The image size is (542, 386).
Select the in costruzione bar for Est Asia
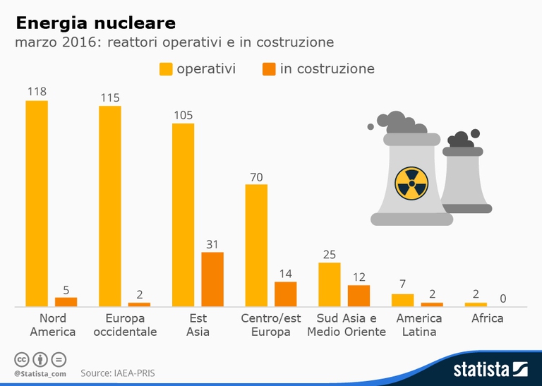tap(212, 279)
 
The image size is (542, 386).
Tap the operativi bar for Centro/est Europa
tap(256, 245)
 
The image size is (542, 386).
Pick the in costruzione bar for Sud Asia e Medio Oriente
tap(359, 296)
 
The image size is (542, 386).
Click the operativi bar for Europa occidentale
tap(110, 206)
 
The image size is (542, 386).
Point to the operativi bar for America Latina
tap(402, 300)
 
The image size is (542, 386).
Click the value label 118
tap(37, 92)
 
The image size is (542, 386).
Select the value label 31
tap(212, 244)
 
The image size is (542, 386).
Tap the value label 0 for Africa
tap(502, 299)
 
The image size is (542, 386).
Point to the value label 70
tap(256, 177)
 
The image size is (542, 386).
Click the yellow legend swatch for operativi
tap(166, 69)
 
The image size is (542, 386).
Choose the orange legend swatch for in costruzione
tap(269, 69)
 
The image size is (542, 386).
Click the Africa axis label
tap(488, 318)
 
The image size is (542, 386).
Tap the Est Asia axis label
tap(198, 325)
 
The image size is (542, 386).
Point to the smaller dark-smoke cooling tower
tap(464, 173)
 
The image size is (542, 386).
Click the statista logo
tap(490, 368)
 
